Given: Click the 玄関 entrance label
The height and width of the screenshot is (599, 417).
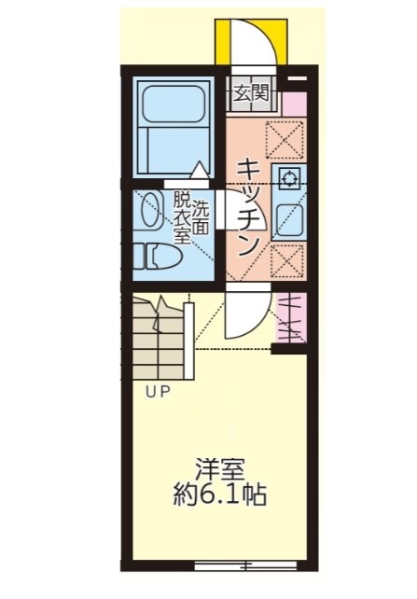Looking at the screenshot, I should coord(251,92).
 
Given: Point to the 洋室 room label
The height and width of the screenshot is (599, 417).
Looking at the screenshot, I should coord(219,469).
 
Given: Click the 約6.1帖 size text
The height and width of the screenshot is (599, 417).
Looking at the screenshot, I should coord(221,495).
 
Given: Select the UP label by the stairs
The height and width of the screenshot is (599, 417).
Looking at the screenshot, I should coord(157,393).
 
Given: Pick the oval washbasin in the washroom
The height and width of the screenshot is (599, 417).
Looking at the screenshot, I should coord(149,211).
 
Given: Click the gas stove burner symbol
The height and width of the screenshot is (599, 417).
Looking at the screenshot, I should coord(287,179).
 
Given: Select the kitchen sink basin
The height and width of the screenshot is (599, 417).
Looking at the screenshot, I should coord(286,220).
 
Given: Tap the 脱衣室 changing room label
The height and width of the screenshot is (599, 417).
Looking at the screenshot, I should coord(181,217).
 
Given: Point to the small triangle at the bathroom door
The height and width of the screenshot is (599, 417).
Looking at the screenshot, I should coord(200,171).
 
